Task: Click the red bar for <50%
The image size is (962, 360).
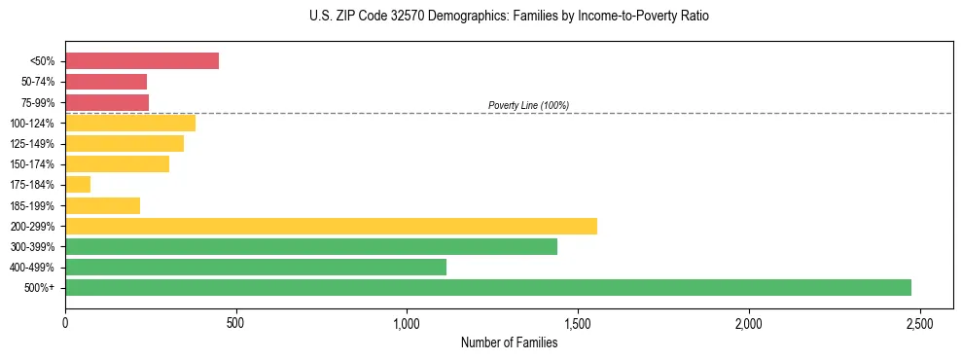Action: point(142,61)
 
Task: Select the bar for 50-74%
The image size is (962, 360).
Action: point(106,82)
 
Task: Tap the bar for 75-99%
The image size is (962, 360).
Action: point(107,102)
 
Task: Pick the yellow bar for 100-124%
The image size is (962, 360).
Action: point(130,123)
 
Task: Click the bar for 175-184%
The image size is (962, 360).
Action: point(78,184)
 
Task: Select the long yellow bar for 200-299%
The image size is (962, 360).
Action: point(331,226)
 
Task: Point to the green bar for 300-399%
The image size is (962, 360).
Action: point(311,246)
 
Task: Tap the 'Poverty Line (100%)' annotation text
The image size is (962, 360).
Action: point(528,105)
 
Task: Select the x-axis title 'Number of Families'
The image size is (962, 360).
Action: point(509,342)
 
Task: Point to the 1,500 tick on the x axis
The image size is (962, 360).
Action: point(578,322)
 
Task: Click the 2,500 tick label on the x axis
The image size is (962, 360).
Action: point(920,322)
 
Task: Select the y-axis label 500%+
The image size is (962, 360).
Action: point(41,288)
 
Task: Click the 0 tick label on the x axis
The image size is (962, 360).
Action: point(65,322)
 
